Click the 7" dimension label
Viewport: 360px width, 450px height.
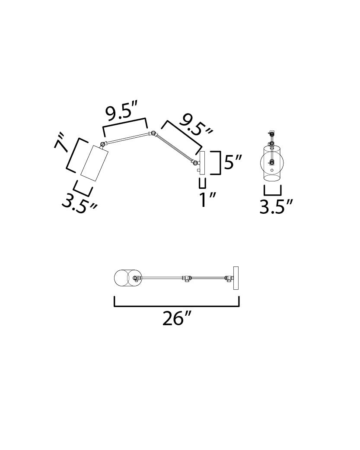pyautogui.click(x=61, y=142)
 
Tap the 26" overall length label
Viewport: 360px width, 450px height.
pyautogui.click(x=177, y=318)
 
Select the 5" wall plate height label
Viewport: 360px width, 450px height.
pyautogui.click(x=233, y=162)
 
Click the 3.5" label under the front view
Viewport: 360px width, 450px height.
pyautogui.click(x=276, y=206)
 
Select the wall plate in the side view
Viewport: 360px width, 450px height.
pyautogui.click(x=202, y=163)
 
